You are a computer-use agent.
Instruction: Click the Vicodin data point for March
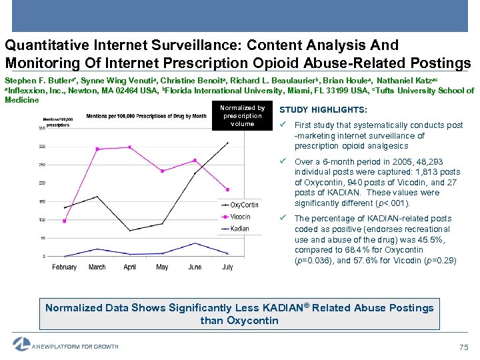point(97,149)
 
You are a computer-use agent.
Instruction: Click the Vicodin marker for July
point(227,189)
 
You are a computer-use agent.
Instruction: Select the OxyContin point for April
point(129,231)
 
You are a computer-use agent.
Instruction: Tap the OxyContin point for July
point(227,143)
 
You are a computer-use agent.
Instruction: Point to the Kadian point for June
point(195,243)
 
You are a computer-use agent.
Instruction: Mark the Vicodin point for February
point(65,221)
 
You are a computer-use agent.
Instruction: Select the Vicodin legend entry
point(239,217)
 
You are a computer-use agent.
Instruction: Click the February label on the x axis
point(65,267)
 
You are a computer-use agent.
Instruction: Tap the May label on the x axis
point(162,267)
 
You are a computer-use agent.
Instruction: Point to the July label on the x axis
point(227,267)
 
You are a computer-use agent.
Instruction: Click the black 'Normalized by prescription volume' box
point(242,116)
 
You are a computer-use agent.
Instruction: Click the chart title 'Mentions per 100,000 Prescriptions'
point(147,115)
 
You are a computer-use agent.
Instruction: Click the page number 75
point(464,347)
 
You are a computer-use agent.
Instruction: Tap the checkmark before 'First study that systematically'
point(284,125)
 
